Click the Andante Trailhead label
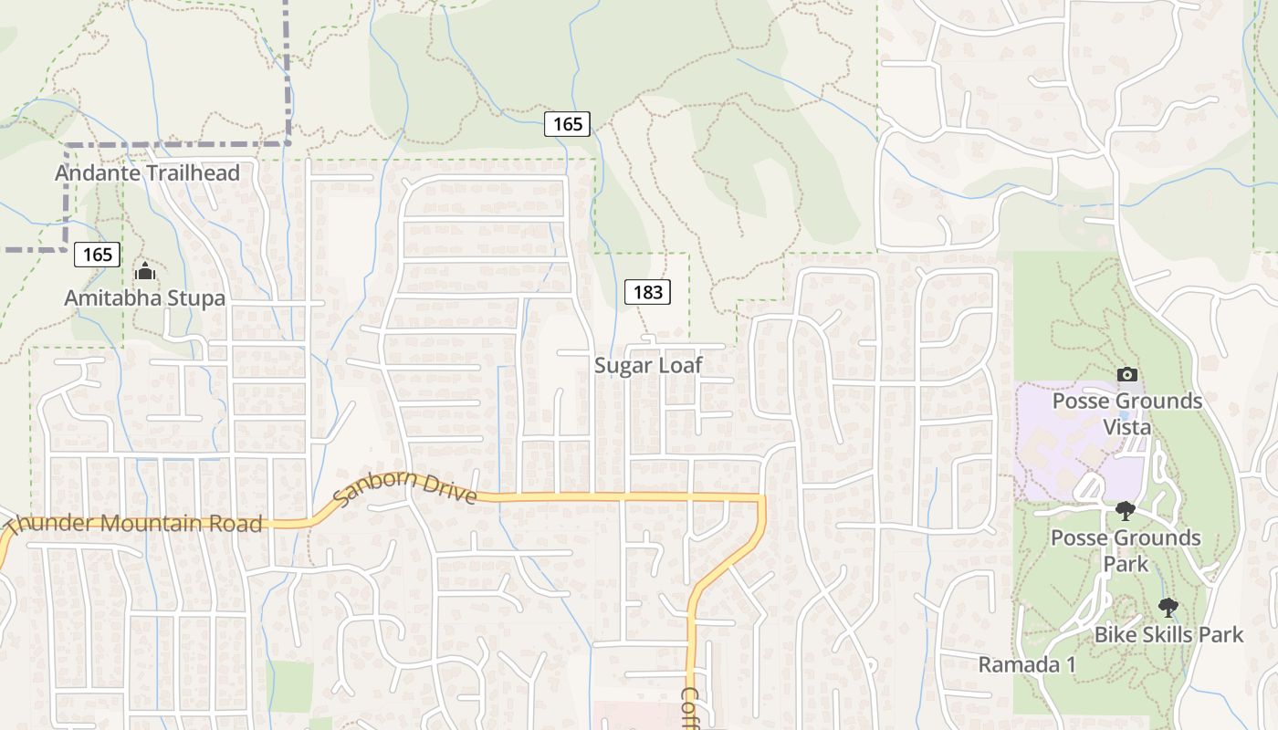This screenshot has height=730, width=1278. (x=147, y=173)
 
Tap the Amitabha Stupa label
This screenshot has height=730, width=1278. (x=144, y=297)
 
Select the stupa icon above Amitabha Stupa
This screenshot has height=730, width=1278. (x=144, y=271)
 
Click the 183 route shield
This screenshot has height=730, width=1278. (x=647, y=292)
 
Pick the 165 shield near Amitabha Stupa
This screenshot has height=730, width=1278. (x=97, y=255)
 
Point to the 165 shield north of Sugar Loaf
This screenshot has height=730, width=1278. (x=567, y=124)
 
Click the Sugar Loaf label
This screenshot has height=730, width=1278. (x=648, y=366)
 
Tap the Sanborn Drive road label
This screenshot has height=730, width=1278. (x=404, y=487)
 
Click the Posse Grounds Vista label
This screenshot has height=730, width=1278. (x=1127, y=414)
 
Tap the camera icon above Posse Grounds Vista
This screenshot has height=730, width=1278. (x=1127, y=374)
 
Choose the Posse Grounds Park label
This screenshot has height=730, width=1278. (x=1126, y=550)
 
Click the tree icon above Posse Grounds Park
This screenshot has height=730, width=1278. (x=1126, y=510)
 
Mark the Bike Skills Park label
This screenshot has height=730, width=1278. (x=1168, y=634)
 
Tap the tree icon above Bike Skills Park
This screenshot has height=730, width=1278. (x=1168, y=607)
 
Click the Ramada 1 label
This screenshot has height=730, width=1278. (x=1027, y=664)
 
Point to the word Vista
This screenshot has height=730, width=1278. (x=1127, y=427)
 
